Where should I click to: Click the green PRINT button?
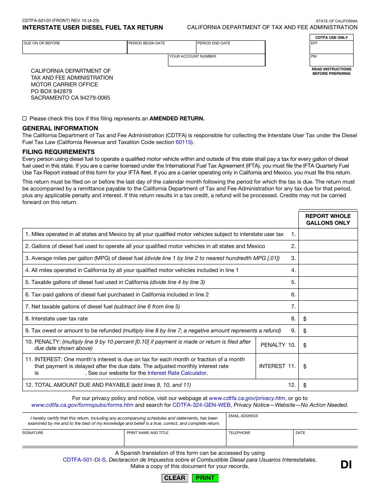point(205,478)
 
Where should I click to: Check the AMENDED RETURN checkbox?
point(24,118)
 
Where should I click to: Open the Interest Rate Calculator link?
point(177,373)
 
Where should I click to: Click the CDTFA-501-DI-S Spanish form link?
point(84,460)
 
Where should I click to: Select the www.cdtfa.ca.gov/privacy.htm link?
point(247,398)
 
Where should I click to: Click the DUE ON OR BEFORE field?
point(75,49)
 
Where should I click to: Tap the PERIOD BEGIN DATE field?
point(162,49)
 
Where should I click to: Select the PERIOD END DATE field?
point(230,49)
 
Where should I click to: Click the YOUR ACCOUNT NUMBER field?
point(216,62)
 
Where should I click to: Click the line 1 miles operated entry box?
point(328,234)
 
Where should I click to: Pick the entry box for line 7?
point(328,307)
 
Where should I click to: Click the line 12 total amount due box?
point(330,385)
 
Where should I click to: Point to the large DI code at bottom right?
point(346,464)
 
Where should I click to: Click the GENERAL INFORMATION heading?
point(60,128)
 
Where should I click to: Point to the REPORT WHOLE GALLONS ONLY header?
point(328,219)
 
